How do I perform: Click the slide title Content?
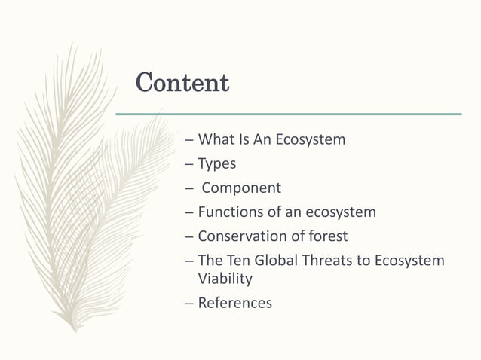(182, 83)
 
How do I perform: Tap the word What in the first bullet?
(217, 139)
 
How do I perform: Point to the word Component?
(241, 188)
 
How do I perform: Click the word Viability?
(225, 279)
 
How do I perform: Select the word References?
(234, 303)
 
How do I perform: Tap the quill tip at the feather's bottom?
(73, 328)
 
